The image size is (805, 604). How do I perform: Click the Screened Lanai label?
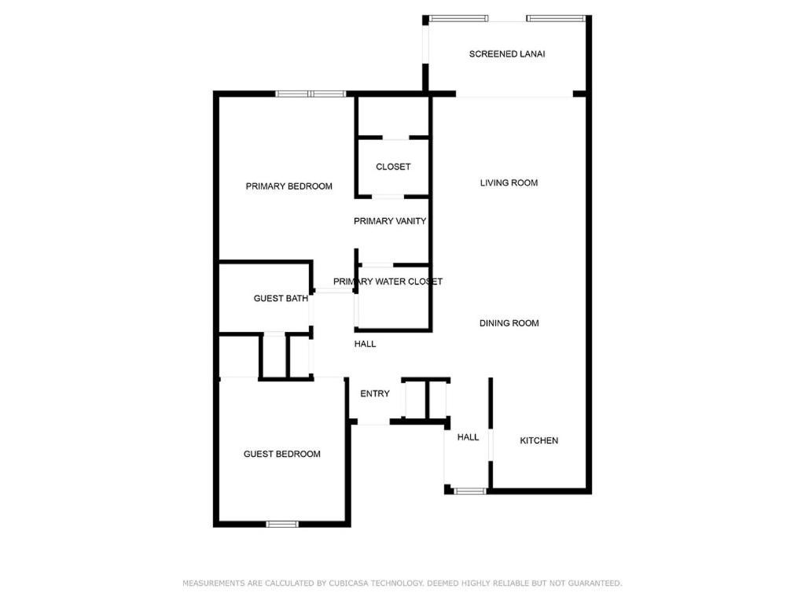tap(507, 54)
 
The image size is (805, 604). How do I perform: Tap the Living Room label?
tap(509, 182)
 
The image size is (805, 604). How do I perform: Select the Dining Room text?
tap(509, 323)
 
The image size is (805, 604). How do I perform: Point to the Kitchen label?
tap(539, 440)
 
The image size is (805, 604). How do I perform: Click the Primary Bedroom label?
tap(289, 186)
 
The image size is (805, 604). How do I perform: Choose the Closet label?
tap(393, 167)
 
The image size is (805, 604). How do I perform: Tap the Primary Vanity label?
tap(390, 221)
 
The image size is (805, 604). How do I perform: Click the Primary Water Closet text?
tap(388, 282)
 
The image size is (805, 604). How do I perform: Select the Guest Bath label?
tap(281, 298)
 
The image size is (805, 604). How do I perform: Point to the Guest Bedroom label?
tap(282, 454)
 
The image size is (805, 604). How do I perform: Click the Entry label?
tap(375, 394)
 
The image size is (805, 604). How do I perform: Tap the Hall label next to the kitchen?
tap(468, 437)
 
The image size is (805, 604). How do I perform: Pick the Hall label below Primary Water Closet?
tap(365, 344)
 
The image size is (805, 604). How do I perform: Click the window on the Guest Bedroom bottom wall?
tap(282, 524)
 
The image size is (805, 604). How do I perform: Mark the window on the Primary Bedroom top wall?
tap(311, 94)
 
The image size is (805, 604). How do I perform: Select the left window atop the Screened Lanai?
tap(458, 19)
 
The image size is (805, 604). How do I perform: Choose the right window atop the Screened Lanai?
tap(556, 19)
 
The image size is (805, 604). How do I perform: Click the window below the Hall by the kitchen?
tap(470, 491)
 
